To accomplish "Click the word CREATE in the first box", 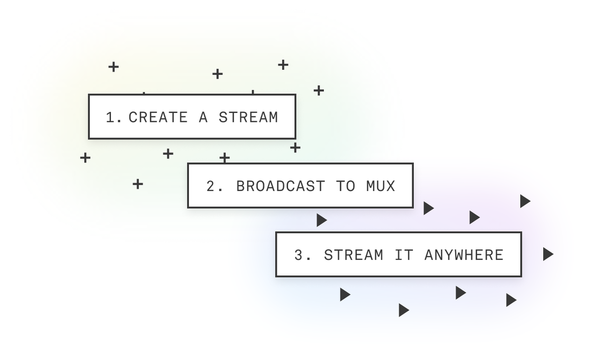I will coord(158,117).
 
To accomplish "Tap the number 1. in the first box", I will coord(114,117).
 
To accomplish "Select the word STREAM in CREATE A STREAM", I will coord(248,117).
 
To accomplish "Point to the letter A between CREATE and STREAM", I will coord(203,117).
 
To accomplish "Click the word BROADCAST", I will coord(280,186).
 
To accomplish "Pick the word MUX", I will coord(380,186).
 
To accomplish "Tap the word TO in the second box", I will coord(346,186).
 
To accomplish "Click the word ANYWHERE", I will coord(464,255).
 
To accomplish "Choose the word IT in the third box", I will coord(403,255).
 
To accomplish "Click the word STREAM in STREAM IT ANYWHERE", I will coord(353,255).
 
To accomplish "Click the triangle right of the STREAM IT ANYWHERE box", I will coord(548,254).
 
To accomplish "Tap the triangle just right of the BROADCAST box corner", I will coord(428,208).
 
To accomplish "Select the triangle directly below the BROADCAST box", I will coord(321,220).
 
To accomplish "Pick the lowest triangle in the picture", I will coord(403,310).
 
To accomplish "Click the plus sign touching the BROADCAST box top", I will coord(224,158).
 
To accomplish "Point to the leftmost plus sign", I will coord(85,158).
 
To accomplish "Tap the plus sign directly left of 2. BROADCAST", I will coord(138,184).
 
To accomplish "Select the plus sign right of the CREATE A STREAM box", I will coord(319,90).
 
